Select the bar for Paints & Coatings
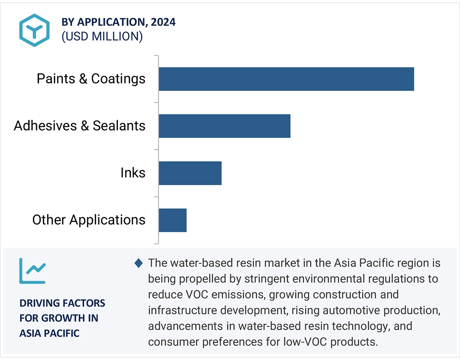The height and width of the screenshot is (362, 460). tap(286, 79)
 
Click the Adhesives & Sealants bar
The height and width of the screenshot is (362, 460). tap(224, 126)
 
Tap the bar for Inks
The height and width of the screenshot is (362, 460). tap(190, 173)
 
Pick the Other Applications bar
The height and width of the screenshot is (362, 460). tap(173, 220)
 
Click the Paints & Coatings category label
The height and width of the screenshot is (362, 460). tap(91, 79)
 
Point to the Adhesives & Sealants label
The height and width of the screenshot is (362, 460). tap(79, 126)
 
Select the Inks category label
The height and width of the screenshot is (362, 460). tap(133, 173)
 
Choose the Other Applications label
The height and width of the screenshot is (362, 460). tap(88, 220)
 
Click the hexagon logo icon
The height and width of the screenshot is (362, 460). tap(35, 30)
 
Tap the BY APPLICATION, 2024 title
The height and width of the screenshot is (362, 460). tap(118, 22)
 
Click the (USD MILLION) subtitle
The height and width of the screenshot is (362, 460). tap(102, 37)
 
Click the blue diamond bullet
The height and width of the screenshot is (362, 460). tap(138, 263)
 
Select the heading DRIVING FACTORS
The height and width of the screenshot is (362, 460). tap(62, 303)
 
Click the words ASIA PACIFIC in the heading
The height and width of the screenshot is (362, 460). tap(50, 333)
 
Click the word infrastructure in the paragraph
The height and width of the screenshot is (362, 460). tap(181, 310)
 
